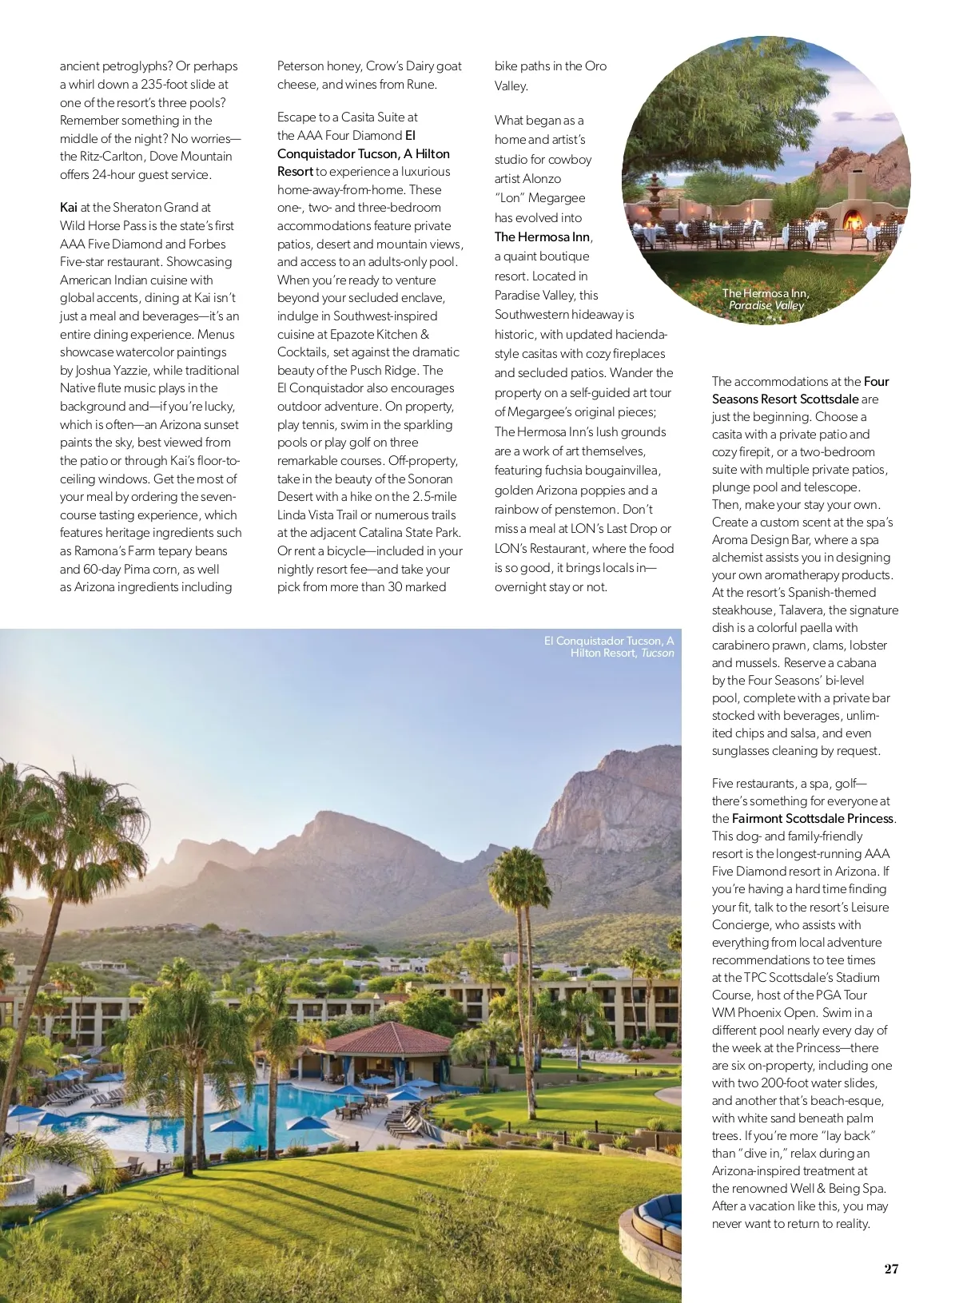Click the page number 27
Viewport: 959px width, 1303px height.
(x=891, y=1269)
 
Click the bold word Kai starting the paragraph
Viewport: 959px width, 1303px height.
(x=69, y=208)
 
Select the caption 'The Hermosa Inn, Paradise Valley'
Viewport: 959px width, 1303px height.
(x=766, y=299)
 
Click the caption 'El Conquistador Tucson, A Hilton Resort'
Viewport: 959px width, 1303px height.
(x=609, y=646)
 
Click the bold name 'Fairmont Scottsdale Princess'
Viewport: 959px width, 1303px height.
(x=813, y=818)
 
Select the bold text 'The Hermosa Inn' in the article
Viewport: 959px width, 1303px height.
(x=542, y=236)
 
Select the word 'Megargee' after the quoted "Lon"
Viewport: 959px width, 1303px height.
(x=557, y=197)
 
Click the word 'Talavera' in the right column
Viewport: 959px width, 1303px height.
(x=802, y=610)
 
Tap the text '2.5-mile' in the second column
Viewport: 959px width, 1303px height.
(x=434, y=496)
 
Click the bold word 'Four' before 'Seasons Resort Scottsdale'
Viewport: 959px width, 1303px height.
(x=877, y=381)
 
